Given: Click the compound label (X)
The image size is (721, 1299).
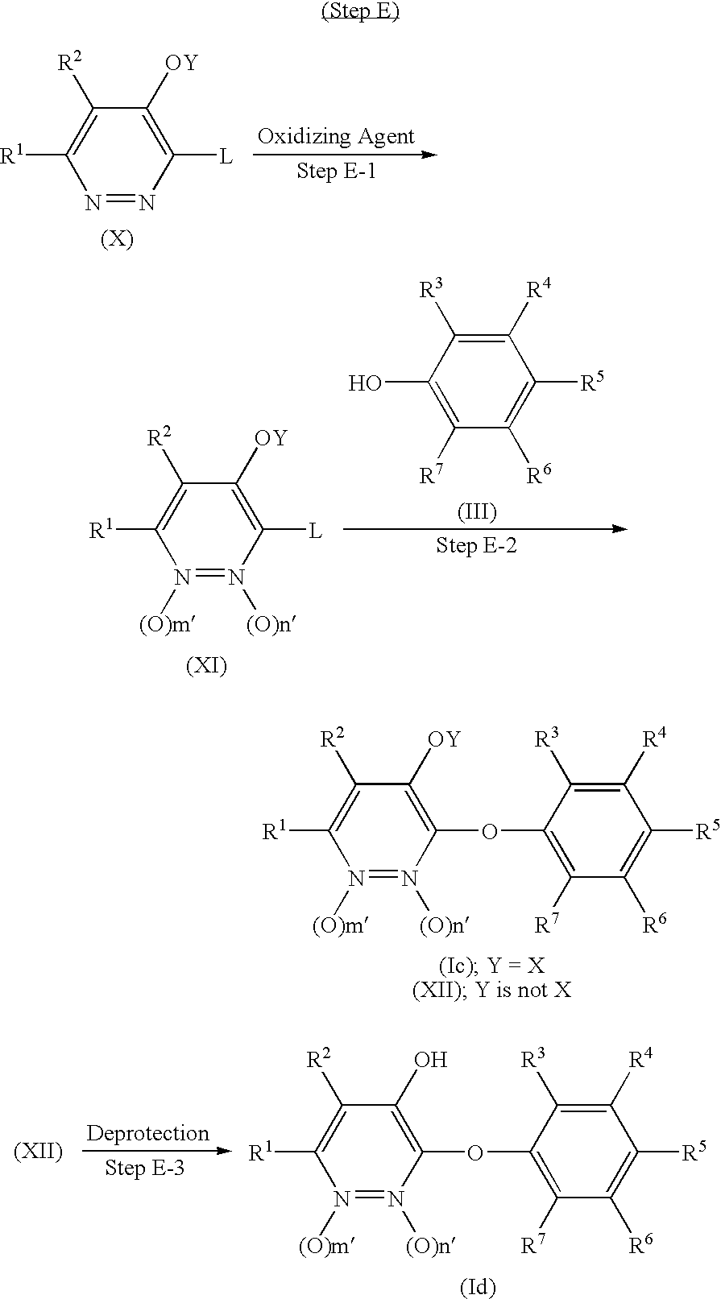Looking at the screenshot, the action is click(x=117, y=239).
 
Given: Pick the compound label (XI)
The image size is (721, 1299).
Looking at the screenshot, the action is click(x=206, y=666).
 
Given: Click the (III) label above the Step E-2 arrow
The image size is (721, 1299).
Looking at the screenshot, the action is click(x=477, y=511).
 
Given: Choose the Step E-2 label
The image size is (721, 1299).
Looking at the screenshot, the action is click(x=477, y=546).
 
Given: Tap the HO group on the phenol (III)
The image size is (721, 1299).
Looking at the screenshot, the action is click(x=365, y=383).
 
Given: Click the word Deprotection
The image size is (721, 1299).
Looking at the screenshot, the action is click(x=147, y=1133).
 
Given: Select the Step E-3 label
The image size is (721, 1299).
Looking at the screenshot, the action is click(x=145, y=1167).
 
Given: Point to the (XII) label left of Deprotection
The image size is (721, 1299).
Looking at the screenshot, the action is click(x=38, y=1152).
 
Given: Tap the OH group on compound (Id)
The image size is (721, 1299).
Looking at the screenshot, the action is click(x=429, y=1059).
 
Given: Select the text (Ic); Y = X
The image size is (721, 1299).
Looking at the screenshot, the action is click(x=491, y=966).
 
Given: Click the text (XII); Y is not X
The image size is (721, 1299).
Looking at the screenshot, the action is click(x=491, y=990).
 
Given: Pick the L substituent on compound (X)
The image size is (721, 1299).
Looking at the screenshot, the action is click(x=226, y=156).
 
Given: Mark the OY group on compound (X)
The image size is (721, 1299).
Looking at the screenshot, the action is click(x=180, y=63).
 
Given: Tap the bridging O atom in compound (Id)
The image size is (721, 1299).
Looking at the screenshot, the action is click(x=475, y=1153).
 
